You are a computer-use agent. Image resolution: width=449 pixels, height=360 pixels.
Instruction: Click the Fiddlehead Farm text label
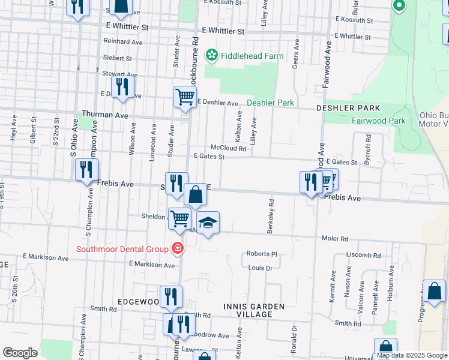[x=252, y=56]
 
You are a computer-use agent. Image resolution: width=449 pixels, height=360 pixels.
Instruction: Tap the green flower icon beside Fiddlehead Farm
[x=211, y=56]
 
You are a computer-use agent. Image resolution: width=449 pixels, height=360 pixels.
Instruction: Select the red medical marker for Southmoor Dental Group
[x=176, y=248]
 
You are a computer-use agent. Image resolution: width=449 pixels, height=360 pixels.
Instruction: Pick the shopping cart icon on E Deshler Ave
[x=185, y=96]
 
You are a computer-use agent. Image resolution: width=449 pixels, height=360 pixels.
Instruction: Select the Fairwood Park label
[x=378, y=121]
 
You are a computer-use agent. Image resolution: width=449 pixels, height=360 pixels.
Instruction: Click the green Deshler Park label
[x=270, y=103]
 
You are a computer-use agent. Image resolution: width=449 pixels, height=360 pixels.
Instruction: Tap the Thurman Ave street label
[x=105, y=114]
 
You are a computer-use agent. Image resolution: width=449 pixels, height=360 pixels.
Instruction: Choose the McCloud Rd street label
[x=229, y=148]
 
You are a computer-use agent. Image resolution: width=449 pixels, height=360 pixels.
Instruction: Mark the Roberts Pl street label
[x=262, y=254]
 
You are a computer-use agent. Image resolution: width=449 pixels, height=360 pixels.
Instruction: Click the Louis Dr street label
[x=261, y=268]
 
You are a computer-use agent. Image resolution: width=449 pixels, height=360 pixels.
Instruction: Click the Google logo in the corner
[x=20, y=353]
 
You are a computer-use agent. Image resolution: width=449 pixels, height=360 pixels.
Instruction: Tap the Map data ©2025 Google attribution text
[x=412, y=355]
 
